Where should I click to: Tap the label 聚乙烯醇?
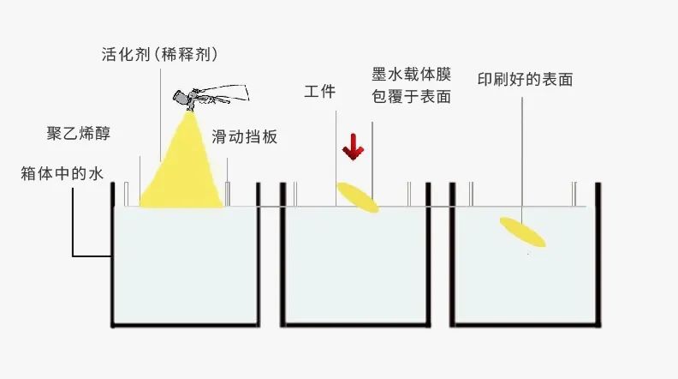[79, 135]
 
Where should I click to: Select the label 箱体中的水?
[62, 174]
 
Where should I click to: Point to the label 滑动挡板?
[245, 137]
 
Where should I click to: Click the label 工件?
[319, 92]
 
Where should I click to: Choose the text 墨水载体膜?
[411, 75]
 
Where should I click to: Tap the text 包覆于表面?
[411, 97]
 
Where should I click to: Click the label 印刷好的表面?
[525, 80]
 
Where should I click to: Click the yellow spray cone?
[182, 171]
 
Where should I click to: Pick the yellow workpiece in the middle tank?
[357, 197]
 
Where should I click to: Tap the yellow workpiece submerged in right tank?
[522, 232]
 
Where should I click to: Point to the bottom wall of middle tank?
[357, 326]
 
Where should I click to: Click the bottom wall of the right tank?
[524, 326]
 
